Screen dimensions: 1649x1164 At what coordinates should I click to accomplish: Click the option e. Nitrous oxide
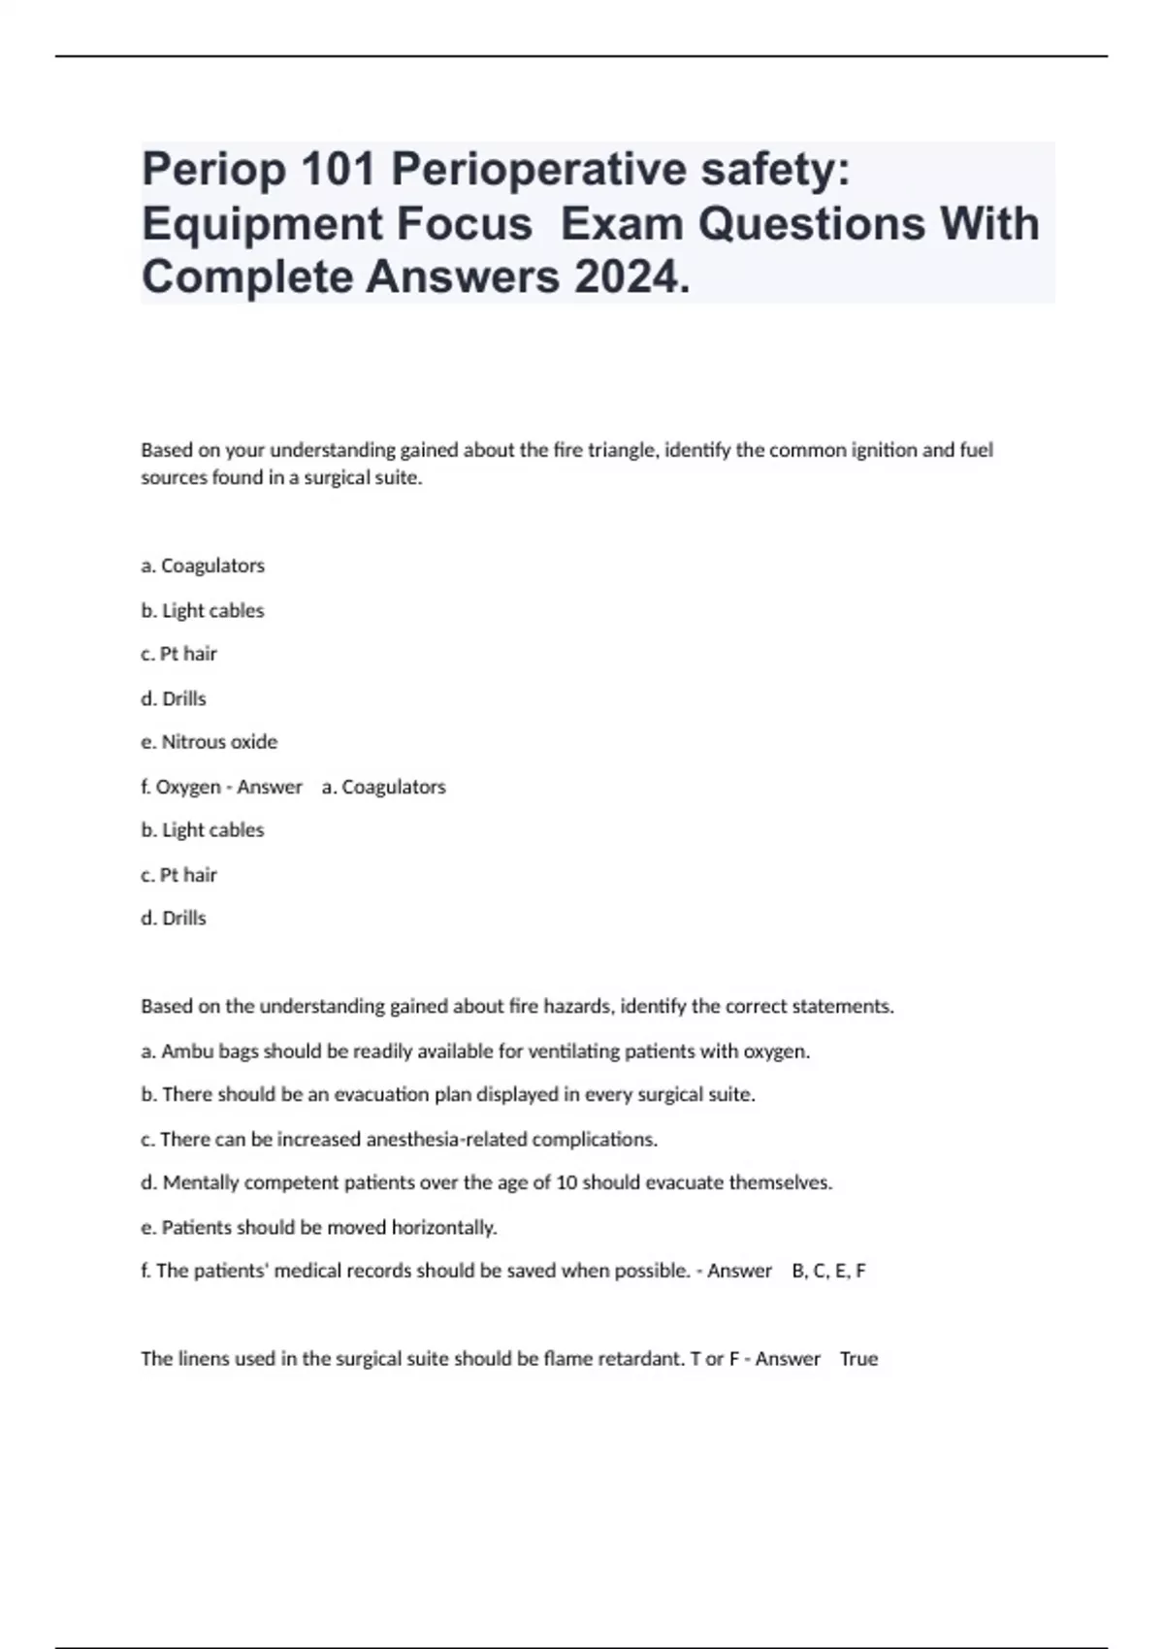(210, 742)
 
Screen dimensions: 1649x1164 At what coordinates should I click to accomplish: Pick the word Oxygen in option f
(188, 787)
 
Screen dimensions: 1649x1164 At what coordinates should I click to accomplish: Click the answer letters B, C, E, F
(828, 1271)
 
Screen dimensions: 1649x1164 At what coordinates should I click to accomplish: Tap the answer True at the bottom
(858, 1359)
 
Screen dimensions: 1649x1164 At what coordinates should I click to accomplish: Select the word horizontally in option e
(444, 1227)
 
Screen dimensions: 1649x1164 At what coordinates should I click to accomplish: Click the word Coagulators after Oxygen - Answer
(393, 787)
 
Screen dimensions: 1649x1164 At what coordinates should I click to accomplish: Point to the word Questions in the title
(812, 224)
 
